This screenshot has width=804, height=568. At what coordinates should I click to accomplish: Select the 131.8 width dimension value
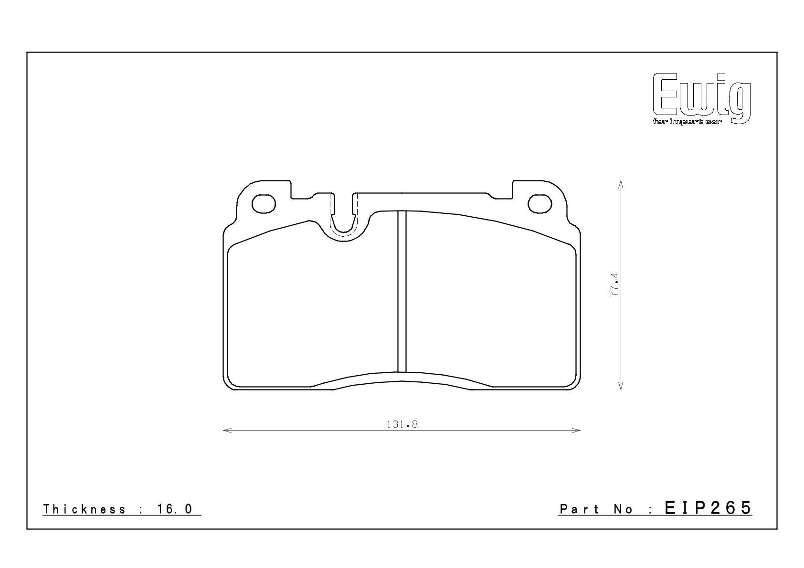(402, 424)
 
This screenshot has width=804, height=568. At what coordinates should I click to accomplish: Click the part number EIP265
(708, 508)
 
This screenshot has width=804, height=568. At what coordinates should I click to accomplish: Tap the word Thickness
(84, 509)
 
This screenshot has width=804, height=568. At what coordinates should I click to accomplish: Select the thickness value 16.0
(175, 509)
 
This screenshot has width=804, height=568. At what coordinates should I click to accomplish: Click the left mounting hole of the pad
(264, 204)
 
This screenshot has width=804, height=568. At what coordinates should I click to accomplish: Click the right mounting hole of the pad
(540, 204)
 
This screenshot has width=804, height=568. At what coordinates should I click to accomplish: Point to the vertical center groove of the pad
(402, 291)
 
